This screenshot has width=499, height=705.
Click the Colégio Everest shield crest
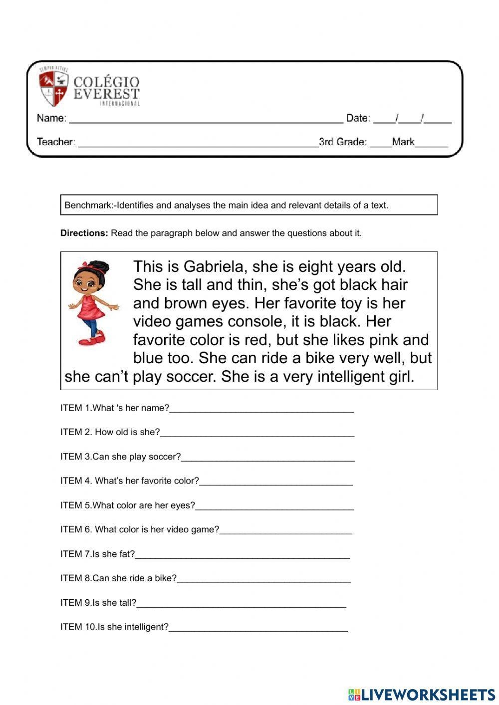(x=53, y=88)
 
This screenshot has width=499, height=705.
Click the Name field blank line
(x=206, y=120)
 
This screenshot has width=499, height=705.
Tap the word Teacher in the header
(x=55, y=142)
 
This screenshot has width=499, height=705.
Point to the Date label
(x=358, y=118)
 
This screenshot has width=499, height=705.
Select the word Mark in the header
(x=403, y=142)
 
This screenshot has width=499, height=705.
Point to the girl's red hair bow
(x=90, y=265)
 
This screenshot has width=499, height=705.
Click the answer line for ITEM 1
(x=261, y=411)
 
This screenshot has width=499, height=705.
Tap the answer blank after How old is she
(x=257, y=435)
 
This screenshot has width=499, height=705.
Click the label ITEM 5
(x=75, y=505)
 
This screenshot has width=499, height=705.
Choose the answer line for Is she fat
(x=242, y=556)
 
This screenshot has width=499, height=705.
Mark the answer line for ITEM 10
(x=258, y=630)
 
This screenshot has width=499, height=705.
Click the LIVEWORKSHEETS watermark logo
(x=422, y=694)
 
